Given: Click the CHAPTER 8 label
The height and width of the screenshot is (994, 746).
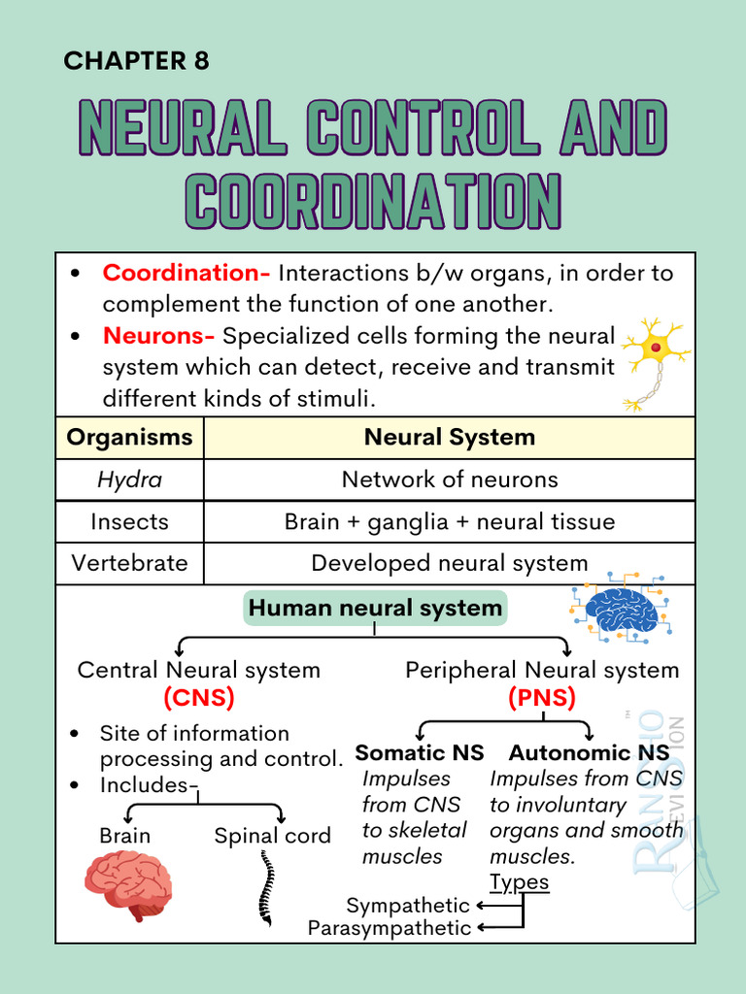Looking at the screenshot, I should click(x=136, y=61).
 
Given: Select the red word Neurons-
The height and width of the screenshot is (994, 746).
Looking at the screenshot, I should click(x=158, y=336).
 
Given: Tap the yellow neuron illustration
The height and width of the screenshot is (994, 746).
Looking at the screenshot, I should click(x=653, y=361).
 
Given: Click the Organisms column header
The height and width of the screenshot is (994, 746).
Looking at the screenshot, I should click(x=129, y=437).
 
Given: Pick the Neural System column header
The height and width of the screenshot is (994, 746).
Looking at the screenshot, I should click(x=449, y=437).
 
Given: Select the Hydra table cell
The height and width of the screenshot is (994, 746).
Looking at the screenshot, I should click(x=129, y=480).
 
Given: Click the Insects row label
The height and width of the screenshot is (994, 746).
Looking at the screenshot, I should click(x=129, y=521).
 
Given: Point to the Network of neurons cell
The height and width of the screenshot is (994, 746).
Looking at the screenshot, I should click(x=449, y=480).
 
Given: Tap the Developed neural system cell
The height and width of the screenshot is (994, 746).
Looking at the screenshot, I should click(x=449, y=563).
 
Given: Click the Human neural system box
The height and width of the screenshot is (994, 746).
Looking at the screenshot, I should click(x=375, y=609).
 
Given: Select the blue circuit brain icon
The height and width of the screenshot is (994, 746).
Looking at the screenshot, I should click(x=622, y=609).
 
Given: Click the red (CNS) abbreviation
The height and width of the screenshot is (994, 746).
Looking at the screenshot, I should click(x=198, y=697).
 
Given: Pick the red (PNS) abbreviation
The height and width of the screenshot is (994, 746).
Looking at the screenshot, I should click(x=541, y=697).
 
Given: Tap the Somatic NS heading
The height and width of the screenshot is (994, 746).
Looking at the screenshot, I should click(x=420, y=752).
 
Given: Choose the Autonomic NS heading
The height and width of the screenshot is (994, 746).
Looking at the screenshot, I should click(x=589, y=752).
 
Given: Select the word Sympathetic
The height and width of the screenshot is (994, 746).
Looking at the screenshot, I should click(x=408, y=906).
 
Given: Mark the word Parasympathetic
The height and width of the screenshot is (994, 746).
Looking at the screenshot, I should click(x=390, y=929).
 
